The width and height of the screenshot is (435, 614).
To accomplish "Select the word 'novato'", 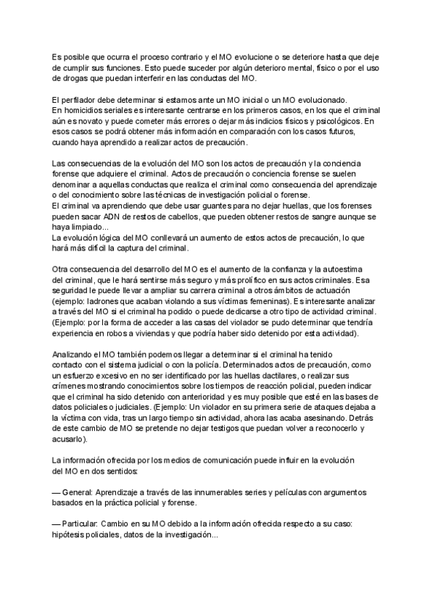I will pyautogui.click(x=95, y=122).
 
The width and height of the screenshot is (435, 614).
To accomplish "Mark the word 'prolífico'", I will pyautogui.click(x=254, y=281).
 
